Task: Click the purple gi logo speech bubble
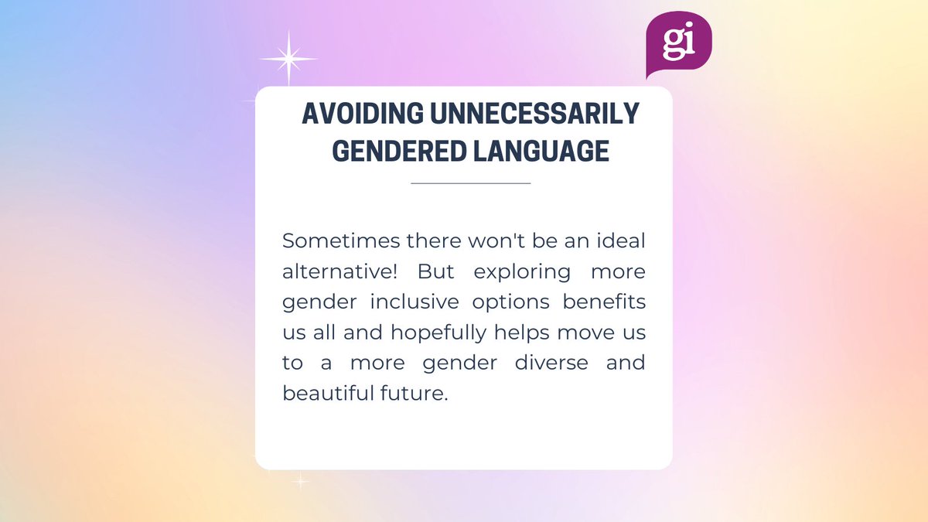[678, 43]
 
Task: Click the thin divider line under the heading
[470, 183]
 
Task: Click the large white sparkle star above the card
[288, 59]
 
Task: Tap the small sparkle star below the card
[300, 482]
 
